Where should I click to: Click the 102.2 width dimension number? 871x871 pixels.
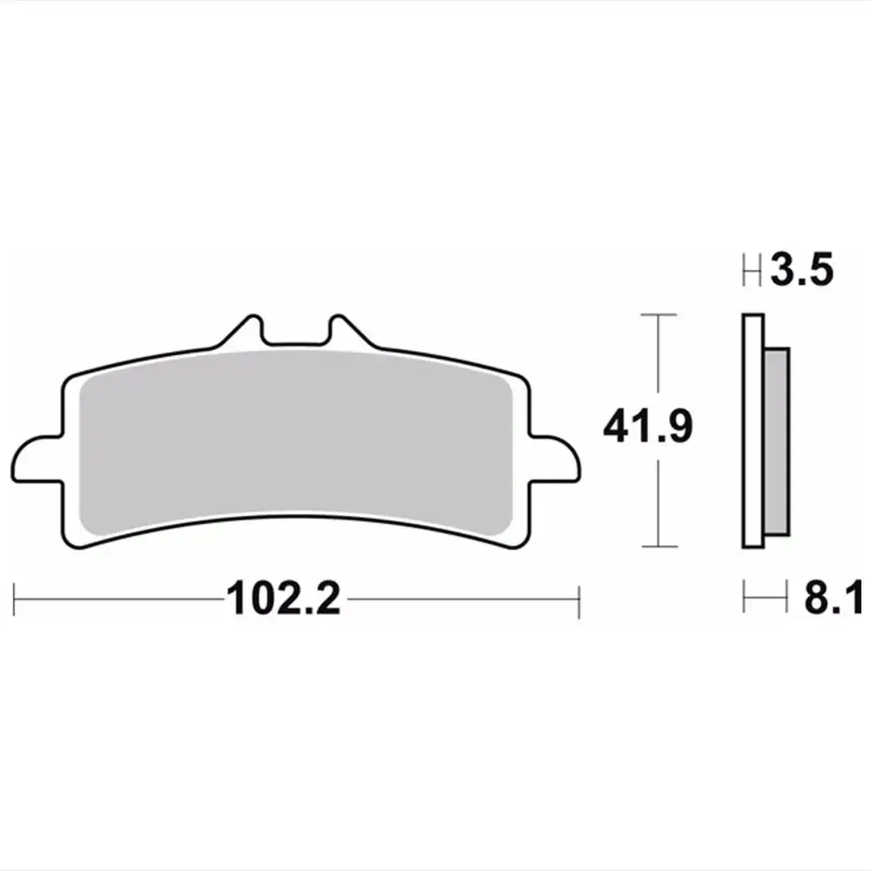click(283, 598)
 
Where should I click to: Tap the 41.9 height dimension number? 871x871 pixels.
click(648, 426)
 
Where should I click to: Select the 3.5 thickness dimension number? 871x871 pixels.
click(801, 269)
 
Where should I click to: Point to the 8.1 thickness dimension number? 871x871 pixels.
click(834, 598)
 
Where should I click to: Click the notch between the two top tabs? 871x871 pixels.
click(296, 335)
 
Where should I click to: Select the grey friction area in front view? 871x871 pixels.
click(295, 442)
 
